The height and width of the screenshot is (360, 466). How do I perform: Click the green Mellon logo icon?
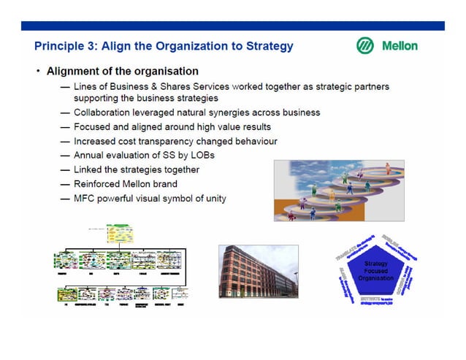(x=365, y=45)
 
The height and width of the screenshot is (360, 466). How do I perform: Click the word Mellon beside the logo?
(x=400, y=45)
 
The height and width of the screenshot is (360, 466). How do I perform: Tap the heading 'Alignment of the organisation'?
(x=122, y=72)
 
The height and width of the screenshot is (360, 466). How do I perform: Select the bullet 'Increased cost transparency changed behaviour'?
(x=175, y=141)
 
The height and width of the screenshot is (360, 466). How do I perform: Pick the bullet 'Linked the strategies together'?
(x=136, y=169)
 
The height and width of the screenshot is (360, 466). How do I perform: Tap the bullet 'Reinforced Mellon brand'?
(x=125, y=184)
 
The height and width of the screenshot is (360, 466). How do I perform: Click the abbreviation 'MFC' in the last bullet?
(x=84, y=198)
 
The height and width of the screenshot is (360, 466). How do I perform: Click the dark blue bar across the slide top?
(x=232, y=26)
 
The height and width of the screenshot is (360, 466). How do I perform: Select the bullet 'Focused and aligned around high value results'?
(x=172, y=127)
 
